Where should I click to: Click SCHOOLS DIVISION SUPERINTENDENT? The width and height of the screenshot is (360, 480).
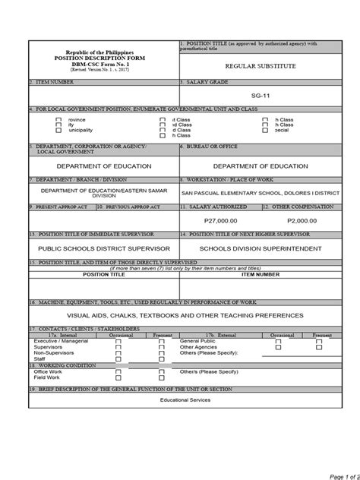pyautogui.click(x=259, y=248)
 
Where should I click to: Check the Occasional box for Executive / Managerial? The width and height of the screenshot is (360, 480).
pyautogui.click(x=118, y=342)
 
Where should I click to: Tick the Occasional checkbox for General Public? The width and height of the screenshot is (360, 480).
pyautogui.click(x=278, y=342)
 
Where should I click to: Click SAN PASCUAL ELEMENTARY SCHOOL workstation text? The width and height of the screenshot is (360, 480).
pyautogui.click(x=259, y=193)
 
